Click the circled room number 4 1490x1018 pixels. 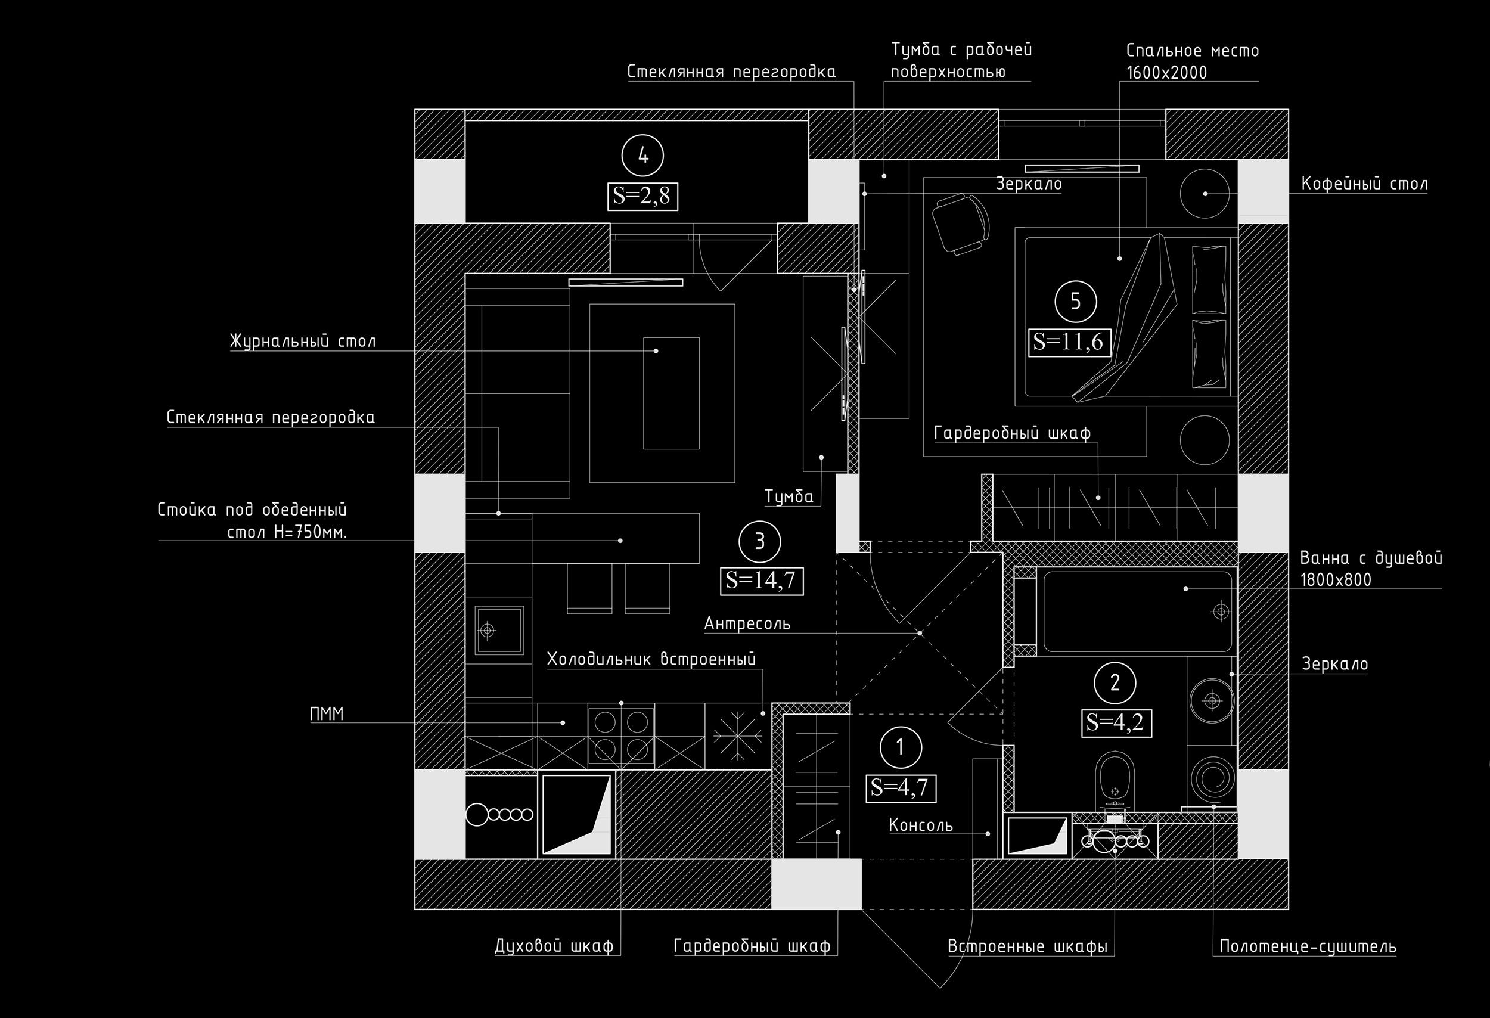point(643,156)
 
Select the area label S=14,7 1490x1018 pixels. point(761,581)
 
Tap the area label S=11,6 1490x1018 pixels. point(1068,342)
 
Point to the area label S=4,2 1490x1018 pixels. point(1116,723)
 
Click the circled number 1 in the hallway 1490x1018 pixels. point(901,747)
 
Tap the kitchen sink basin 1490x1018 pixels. point(499,630)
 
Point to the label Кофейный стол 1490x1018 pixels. point(1364,185)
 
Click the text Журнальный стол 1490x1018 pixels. point(303,341)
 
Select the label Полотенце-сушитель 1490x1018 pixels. point(1308,946)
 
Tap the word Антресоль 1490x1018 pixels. point(747,623)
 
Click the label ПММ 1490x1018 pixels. point(327,714)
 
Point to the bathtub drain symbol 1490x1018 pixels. point(1221,612)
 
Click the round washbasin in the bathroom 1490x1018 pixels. point(1212,701)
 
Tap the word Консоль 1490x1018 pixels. point(921,825)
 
